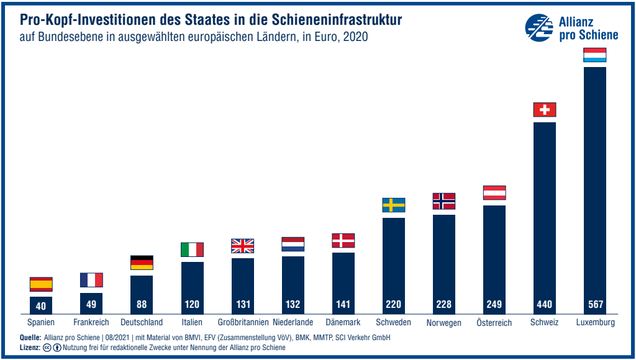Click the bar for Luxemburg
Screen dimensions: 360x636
click(x=594, y=186)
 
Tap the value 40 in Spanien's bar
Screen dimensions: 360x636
click(x=41, y=305)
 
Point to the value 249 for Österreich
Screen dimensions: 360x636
click(x=494, y=305)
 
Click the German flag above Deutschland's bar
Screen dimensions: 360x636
click(x=142, y=263)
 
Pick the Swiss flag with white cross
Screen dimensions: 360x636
click(x=544, y=110)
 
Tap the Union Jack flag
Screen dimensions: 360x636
click(x=242, y=246)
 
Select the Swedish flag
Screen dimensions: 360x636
click(x=393, y=205)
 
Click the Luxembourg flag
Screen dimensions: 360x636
click(x=594, y=55)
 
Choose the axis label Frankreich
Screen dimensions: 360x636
click(x=91, y=322)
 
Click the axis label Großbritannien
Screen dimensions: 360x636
click(x=243, y=322)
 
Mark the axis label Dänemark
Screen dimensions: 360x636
click(x=343, y=322)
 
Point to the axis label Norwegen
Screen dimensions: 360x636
click(x=443, y=323)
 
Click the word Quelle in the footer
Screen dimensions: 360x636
click(x=30, y=337)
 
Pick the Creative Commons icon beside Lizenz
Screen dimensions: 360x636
click(x=48, y=348)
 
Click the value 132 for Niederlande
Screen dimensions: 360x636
click(x=293, y=305)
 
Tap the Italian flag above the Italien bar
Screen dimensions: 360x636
click(x=192, y=250)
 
